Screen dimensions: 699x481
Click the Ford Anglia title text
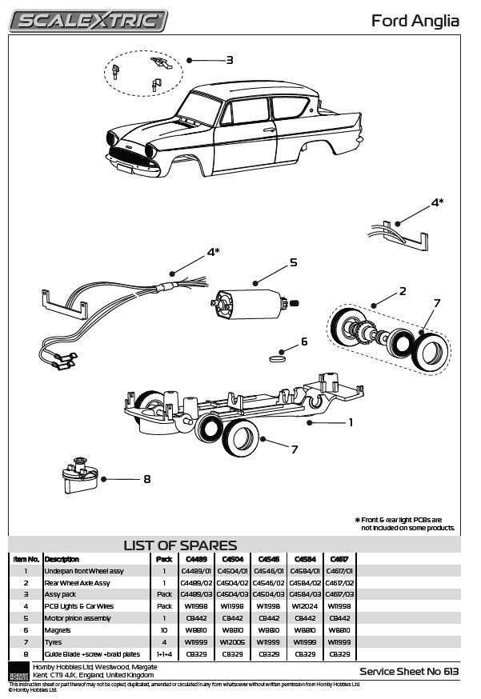415,21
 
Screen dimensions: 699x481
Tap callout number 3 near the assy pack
229,60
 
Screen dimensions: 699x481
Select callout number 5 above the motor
293,262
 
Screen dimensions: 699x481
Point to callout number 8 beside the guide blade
146,479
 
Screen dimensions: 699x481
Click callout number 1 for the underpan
350,422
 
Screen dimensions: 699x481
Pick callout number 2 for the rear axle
403,290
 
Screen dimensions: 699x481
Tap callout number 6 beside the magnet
303,342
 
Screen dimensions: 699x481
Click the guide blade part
78,478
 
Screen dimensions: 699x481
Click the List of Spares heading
180,545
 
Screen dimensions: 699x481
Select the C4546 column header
269,559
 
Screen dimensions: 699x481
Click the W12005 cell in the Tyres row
232,641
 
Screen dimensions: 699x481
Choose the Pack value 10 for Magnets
165,629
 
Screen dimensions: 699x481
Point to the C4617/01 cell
339,571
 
